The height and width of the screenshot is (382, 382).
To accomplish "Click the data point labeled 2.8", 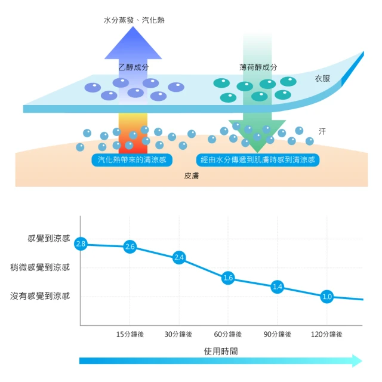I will tap(81, 244).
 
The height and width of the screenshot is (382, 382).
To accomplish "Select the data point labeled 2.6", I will tap(131, 247).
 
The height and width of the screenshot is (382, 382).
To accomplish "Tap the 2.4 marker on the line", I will tap(179, 257).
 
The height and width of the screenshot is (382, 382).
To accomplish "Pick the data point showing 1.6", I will tap(227, 278).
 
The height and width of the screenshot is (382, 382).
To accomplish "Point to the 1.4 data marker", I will tap(277, 286).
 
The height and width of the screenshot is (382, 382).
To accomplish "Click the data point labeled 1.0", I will tap(326, 296).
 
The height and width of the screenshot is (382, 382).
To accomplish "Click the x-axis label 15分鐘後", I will tap(130, 334).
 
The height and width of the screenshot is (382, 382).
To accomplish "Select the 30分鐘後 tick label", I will tap(179, 334).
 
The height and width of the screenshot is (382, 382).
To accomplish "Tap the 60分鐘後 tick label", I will tap(227, 334).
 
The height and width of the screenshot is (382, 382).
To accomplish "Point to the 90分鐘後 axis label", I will tap(277, 334).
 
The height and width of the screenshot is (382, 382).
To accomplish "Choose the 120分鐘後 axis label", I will tap(326, 334).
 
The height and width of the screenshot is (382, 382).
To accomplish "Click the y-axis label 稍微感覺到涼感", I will tap(40, 267).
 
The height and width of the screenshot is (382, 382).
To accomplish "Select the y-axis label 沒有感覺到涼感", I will tap(40, 295).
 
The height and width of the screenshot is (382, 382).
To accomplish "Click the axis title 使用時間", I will tap(220, 351).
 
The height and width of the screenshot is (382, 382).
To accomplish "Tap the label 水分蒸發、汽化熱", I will tap(134, 20).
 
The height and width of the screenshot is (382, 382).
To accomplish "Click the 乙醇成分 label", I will tap(134, 67).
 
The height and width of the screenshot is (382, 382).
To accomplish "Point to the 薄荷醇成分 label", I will tap(258, 67).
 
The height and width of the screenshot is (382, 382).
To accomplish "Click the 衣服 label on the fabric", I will tap(322, 79).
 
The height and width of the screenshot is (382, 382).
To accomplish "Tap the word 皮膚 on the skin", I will tap(192, 177).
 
